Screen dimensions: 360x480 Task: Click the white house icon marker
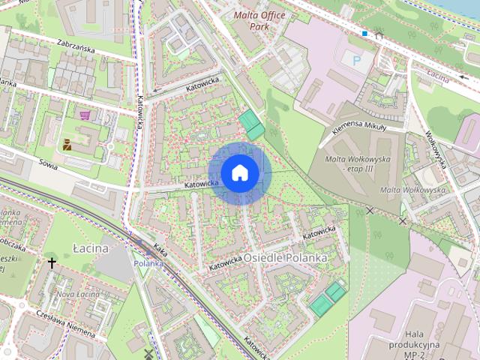(239, 173)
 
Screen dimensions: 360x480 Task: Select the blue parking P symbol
(356, 58)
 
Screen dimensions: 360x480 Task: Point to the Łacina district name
(91, 248)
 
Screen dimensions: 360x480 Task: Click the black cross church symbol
(52, 263)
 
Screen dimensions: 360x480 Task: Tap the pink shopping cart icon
(85, 115)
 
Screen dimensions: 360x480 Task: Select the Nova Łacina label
(77, 294)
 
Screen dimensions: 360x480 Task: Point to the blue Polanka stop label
(148, 263)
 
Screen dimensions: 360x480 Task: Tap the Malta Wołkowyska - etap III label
(349, 164)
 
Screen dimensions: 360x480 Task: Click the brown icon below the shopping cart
(67, 144)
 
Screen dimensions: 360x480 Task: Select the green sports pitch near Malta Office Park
(251, 124)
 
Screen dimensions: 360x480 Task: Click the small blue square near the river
(364, 34)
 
